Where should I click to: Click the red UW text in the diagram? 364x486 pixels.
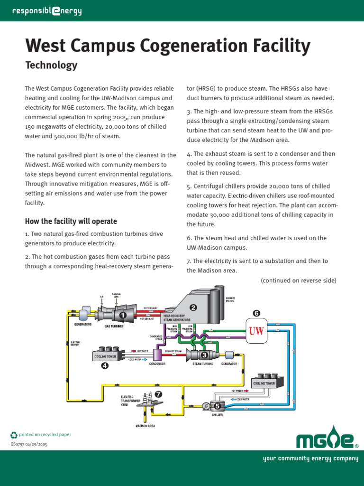coord(256,331)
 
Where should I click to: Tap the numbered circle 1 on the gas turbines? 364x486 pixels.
coord(123,315)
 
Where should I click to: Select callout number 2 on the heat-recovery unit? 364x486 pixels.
coord(193,308)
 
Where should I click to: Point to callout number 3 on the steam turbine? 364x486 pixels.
coord(204,355)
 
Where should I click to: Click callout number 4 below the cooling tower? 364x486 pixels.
coord(105,365)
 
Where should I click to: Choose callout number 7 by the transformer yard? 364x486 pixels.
coord(158,394)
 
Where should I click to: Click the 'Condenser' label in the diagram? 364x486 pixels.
coord(157,364)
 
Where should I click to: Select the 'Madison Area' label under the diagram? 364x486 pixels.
coord(146,426)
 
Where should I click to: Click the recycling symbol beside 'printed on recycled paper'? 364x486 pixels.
coord(14,434)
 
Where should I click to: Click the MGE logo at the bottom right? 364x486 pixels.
coord(327,440)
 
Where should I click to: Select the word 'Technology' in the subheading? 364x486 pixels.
coord(51,65)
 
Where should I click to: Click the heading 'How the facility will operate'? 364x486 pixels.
coord(71,221)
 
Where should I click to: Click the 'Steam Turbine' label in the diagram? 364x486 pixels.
coord(203,364)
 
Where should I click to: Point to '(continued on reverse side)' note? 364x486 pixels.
coord(299,280)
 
